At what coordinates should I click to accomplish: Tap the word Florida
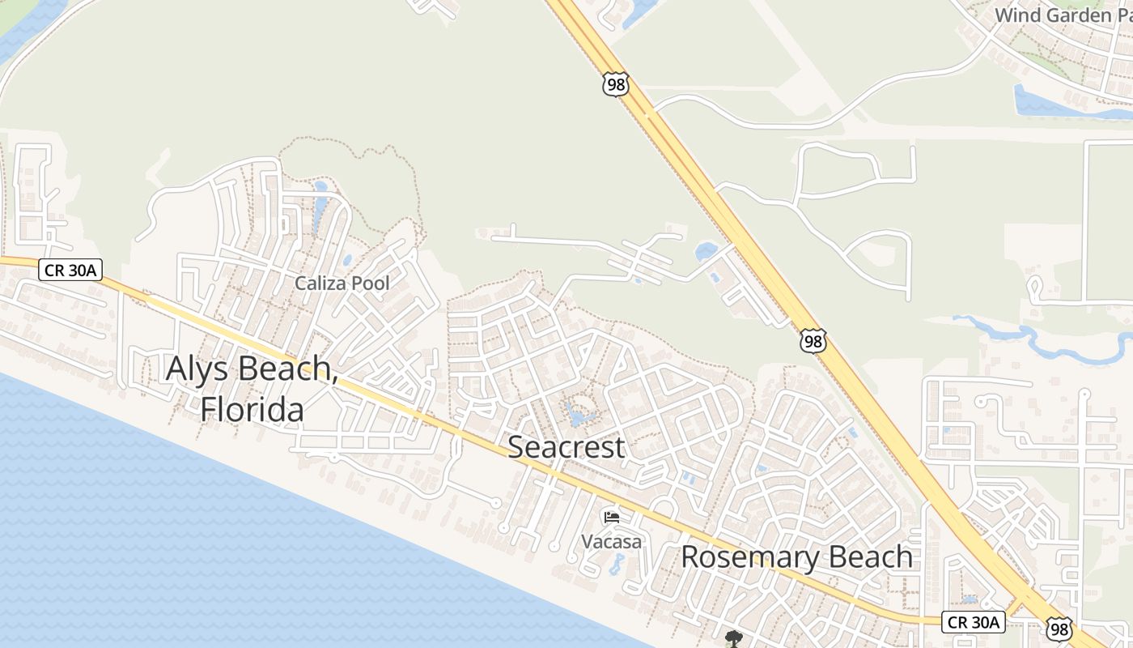pos(252,409)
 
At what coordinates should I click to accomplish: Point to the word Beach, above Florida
pos(285,369)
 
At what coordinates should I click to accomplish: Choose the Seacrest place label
pos(566,447)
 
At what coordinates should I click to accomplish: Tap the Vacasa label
pos(612,541)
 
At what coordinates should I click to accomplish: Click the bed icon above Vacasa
pos(612,517)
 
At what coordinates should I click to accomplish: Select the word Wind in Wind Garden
pos(1015,15)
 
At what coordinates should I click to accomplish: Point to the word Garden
pos(1076,15)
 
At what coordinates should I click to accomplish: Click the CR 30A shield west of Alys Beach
pos(70,271)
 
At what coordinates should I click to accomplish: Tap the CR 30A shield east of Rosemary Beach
pos(974,622)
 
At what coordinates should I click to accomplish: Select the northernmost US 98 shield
pos(615,84)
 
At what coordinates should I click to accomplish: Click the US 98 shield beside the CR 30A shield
pos(1059,629)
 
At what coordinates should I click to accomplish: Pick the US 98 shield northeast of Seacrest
pos(813,342)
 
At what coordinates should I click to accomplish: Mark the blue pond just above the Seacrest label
pos(578,417)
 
